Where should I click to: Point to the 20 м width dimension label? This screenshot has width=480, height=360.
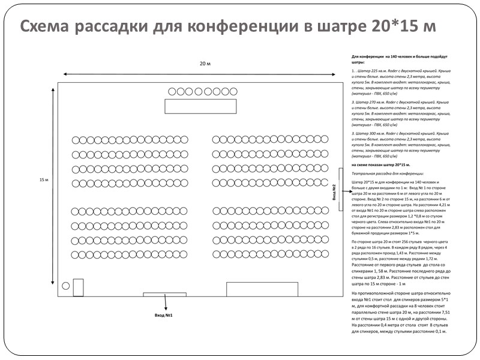[205, 64]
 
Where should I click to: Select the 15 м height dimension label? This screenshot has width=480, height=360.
[43, 180]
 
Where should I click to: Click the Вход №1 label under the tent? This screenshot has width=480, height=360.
[163, 314]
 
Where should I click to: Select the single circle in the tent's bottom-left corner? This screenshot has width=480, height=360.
[65, 286]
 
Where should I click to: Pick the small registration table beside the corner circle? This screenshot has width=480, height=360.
[78, 287]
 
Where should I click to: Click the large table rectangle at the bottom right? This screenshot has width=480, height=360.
[254, 289]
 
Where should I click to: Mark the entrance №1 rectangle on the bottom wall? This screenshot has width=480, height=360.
[164, 295]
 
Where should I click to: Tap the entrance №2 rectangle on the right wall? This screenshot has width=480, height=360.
[341, 190]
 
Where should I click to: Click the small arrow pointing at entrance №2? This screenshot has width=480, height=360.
[347, 191]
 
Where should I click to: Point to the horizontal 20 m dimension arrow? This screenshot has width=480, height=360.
[204, 74]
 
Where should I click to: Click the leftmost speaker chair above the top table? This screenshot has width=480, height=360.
[172, 92]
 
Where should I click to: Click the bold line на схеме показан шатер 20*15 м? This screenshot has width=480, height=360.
[380, 164]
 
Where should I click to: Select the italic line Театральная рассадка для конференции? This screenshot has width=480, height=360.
[383, 172]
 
